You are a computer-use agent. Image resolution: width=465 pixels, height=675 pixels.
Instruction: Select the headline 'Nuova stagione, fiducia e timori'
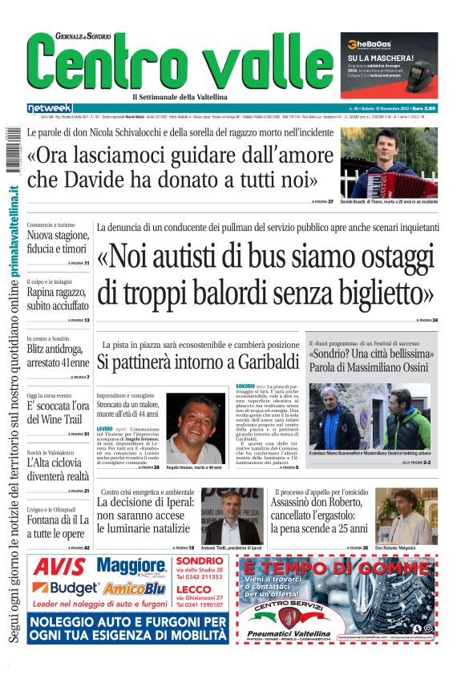tap(58, 242)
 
